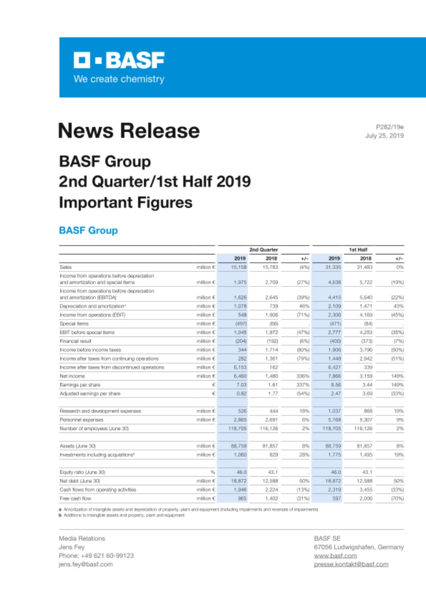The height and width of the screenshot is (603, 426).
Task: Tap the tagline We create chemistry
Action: point(119,79)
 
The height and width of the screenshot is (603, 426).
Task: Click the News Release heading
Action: point(129,130)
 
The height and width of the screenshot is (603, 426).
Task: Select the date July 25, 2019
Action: point(385,136)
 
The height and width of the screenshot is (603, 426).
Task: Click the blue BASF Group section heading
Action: point(88,230)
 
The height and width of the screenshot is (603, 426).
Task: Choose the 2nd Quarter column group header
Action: point(264,249)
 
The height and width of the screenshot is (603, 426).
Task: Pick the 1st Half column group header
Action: point(358,249)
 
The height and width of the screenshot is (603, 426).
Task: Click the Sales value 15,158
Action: point(241,267)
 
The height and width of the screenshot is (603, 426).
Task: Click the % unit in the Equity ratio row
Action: point(212,473)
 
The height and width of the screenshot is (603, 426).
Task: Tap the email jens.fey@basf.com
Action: point(86,564)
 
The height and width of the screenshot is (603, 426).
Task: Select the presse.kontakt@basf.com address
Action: point(351,564)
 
